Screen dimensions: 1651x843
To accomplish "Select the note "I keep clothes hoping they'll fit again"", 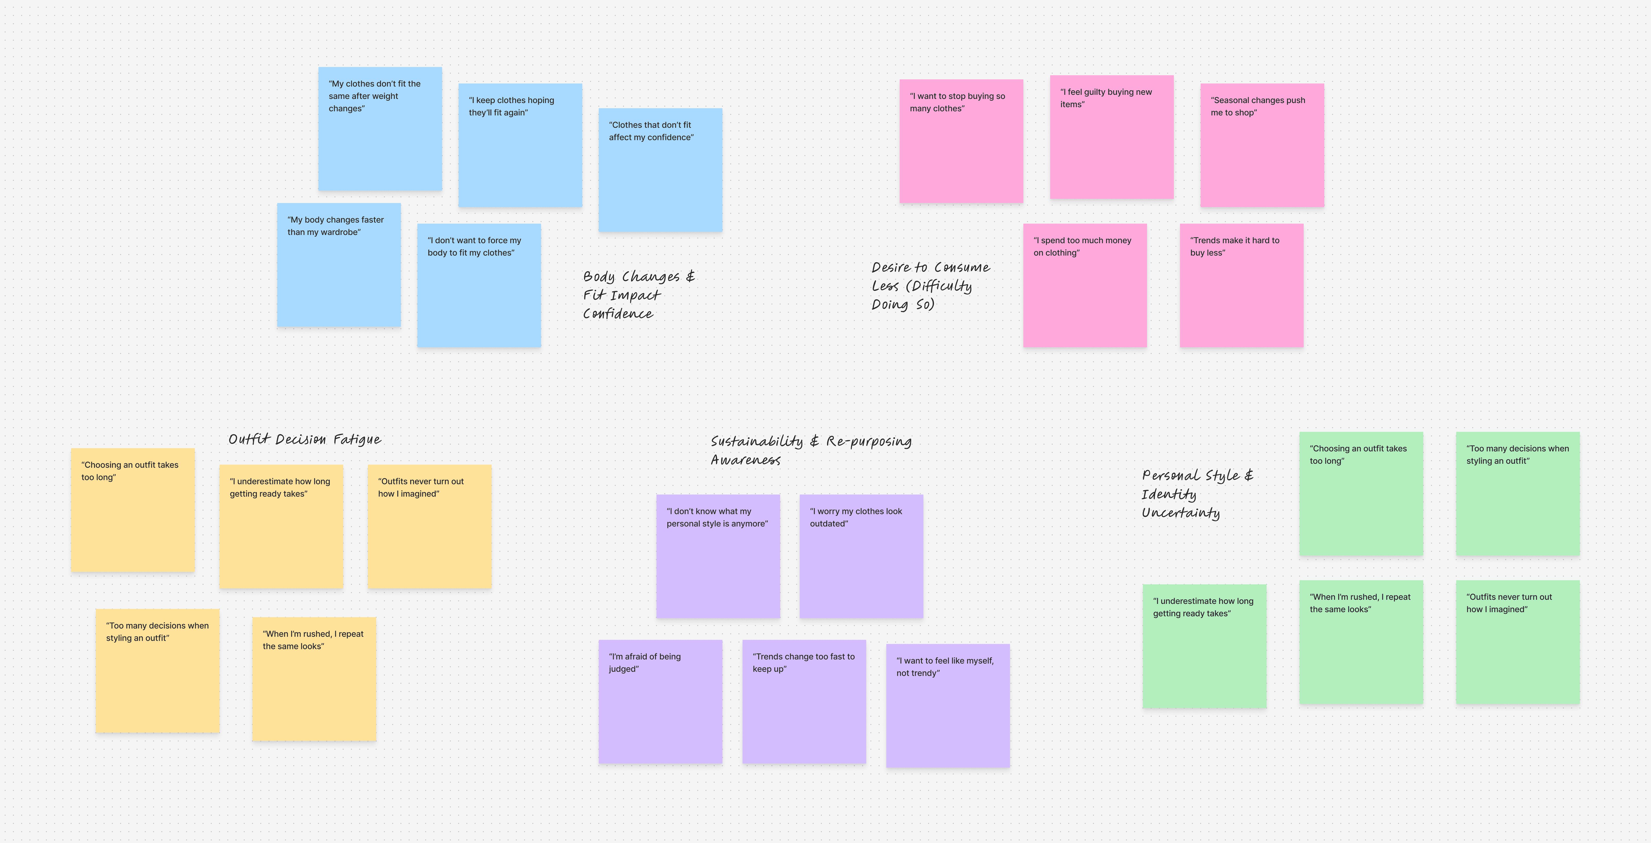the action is click(x=520, y=145).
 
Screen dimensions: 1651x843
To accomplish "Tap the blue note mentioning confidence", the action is click(x=660, y=170).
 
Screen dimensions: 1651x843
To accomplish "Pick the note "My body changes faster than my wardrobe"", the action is click(x=338, y=265).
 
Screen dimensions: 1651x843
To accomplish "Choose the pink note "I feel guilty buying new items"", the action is click(x=1111, y=137).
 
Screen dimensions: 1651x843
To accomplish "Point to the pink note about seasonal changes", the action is click(x=1261, y=145).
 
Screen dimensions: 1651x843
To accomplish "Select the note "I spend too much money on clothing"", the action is click(x=1084, y=285).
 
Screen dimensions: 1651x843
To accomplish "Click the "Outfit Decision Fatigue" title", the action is click(x=305, y=439).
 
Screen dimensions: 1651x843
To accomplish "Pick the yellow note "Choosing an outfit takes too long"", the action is click(x=133, y=510).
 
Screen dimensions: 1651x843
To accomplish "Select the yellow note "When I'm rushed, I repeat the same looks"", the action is click(x=314, y=679).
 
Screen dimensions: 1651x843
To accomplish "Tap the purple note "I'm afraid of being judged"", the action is click(x=660, y=701).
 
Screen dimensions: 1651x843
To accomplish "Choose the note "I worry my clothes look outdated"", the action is click(x=861, y=556).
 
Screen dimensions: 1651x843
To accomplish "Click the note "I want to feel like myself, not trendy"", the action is click(x=947, y=705).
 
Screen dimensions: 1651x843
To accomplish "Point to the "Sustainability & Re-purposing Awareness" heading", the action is click(x=811, y=450).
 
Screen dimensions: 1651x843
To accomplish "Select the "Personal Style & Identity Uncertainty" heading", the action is click(x=1197, y=494).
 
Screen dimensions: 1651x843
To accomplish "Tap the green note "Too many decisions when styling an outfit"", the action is click(x=1517, y=494).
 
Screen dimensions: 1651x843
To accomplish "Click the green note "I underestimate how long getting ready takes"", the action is click(x=1204, y=646).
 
